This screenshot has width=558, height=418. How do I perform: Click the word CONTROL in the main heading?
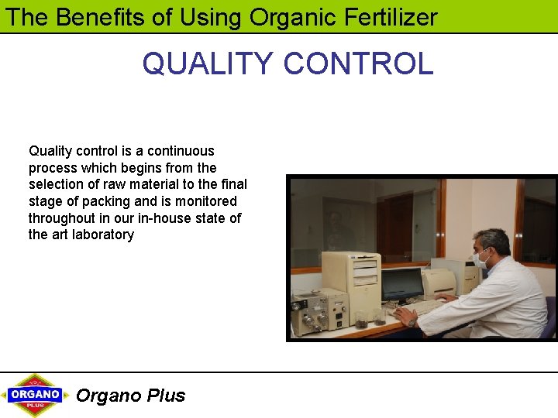[358, 63]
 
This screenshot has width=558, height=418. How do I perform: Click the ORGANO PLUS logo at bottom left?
[34, 395]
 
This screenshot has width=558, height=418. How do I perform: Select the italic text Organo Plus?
[130, 396]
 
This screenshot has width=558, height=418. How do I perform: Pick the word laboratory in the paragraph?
[102, 235]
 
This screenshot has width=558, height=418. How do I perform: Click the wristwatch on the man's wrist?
[412, 321]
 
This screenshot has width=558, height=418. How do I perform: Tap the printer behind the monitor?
[439, 283]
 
